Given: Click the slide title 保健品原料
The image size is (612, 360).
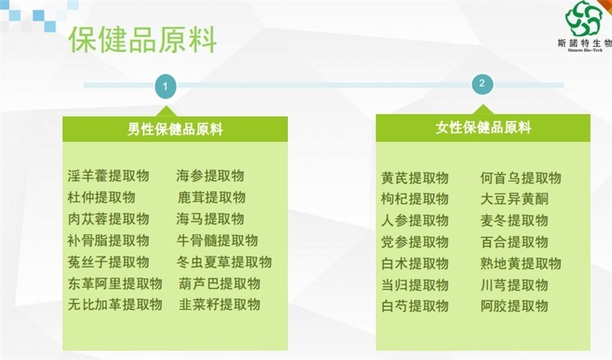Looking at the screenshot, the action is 143,39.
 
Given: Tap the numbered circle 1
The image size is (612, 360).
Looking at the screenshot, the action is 166,86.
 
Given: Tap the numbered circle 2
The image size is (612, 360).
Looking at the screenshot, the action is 482,83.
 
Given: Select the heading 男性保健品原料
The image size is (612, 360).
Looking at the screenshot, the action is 175,129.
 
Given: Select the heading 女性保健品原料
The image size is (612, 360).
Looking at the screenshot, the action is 483,127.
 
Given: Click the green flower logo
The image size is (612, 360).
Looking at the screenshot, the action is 583,19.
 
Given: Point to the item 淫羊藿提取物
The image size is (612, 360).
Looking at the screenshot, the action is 108,176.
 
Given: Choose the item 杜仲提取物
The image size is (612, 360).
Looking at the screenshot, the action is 101,198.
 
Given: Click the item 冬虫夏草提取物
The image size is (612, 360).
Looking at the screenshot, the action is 224,261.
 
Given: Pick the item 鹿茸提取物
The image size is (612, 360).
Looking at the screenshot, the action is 211,198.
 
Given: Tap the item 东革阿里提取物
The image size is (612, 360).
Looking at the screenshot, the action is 115,283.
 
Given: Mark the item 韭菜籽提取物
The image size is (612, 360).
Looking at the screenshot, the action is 220,304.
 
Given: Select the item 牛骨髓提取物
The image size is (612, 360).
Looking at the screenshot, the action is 217,240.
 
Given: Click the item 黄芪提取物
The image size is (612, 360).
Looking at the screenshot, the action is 415,178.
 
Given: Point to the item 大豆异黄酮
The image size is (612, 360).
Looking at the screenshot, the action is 514,199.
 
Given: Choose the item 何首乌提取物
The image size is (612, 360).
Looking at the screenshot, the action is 521,178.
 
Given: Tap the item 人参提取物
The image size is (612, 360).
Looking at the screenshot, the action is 415,220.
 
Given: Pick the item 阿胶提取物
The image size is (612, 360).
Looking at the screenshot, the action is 514,306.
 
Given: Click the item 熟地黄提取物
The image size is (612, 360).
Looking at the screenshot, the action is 521,263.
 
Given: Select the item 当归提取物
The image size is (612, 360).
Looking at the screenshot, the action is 415,285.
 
